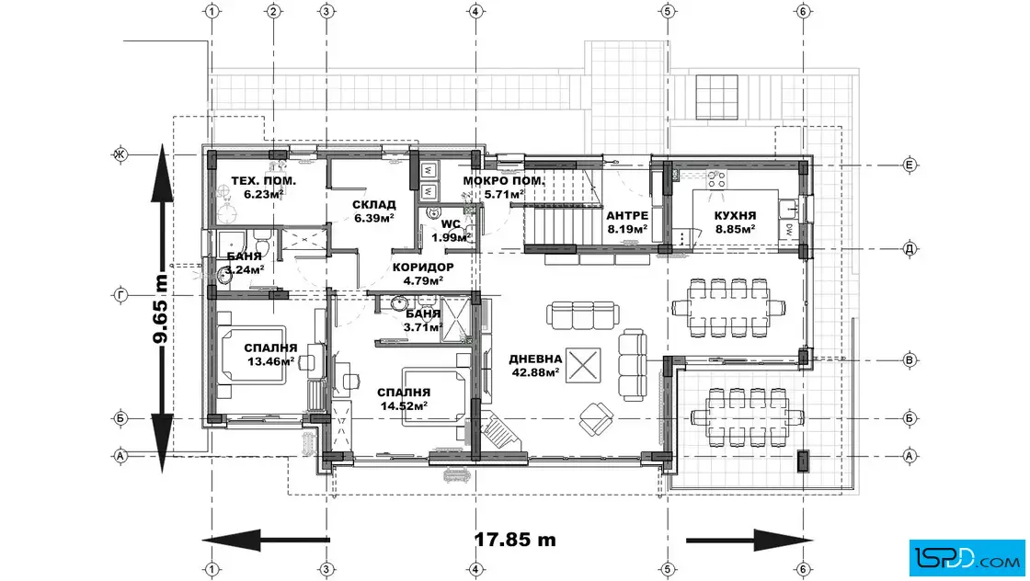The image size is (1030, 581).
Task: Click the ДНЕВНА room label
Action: (535, 359)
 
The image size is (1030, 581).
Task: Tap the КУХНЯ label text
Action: (735, 216)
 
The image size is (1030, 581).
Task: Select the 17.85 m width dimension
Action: (515, 540)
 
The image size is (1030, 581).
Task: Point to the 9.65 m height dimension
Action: (160, 309)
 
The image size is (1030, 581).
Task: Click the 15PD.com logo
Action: (967, 558)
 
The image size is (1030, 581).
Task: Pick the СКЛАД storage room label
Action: (373, 206)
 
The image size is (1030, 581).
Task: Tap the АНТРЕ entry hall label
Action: (627, 216)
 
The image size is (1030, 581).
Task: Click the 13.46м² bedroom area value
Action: (270, 361)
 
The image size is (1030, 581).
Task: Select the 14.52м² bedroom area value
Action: (404, 405)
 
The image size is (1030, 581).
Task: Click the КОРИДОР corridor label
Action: (423, 268)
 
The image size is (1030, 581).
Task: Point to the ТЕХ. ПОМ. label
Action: (263, 181)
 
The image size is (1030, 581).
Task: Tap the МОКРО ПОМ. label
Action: (504, 181)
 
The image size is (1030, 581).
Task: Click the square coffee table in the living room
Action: (583, 364)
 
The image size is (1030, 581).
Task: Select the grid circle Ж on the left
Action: (120, 155)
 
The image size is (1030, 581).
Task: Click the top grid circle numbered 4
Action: (476, 11)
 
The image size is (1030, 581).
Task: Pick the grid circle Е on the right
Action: (910, 165)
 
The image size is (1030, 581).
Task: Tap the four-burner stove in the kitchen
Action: (716, 179)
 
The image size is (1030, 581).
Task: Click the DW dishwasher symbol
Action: (788, 230)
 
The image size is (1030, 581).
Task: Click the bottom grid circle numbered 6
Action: (803, 569)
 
